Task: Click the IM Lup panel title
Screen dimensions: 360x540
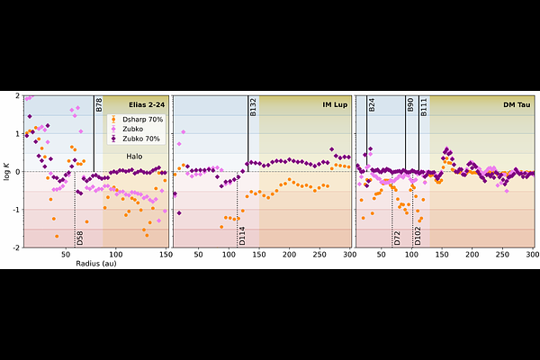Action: click(x=335, y=104)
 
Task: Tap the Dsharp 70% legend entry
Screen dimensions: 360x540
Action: click(x=134, y=119)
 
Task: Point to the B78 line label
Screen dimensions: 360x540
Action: click(x=99, y=104)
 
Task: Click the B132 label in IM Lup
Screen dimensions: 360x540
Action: click(x=254, y=107)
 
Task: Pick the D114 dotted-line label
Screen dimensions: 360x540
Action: click(x=242, y=236)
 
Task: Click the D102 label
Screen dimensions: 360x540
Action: click(x=418, y=236)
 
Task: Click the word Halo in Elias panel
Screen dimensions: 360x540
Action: click(x=134, y=156)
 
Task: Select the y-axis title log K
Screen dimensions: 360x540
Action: click(x=8, y=171)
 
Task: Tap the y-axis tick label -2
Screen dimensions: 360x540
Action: click(x=17, y=247)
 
